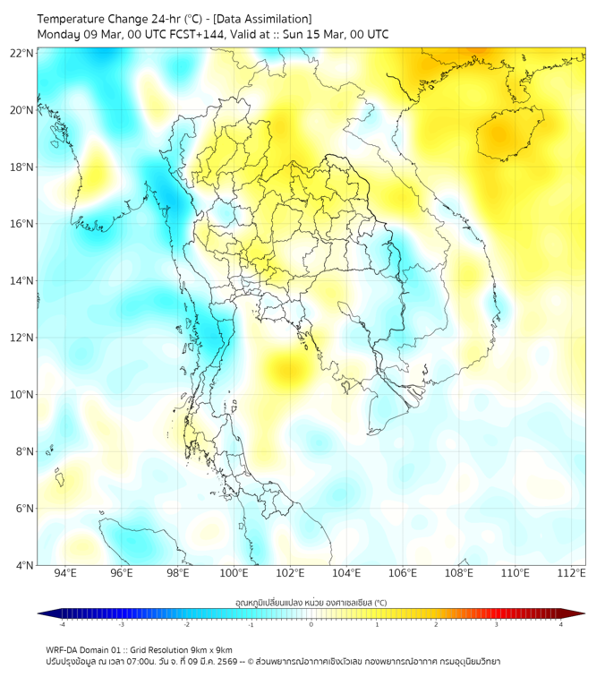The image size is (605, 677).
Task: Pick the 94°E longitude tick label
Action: pos(65,573)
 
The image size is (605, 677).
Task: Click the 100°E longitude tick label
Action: pos(234,573)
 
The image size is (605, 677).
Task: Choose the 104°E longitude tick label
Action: pos(346,573)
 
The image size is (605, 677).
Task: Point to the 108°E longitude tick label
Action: pos(459,573)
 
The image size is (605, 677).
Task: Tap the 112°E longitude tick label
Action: pos(572,573)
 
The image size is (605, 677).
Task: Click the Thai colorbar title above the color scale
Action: pos(311,601)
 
